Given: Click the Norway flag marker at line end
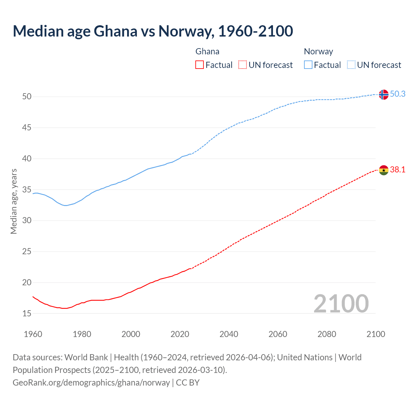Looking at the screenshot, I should point(383,94).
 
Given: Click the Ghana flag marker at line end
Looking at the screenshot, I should point(383,170).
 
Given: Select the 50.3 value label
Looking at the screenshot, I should point(398,94).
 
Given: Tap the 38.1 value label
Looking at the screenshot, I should point(398,169).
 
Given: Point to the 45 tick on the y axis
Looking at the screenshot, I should point(27,128).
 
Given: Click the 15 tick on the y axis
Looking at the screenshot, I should point(27,313).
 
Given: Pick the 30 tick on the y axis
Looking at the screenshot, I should point(27,221).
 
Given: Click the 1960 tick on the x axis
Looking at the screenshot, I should point(33,334).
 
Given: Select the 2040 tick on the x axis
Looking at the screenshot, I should point(229,334).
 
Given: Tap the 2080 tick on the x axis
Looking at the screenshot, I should point(327,334).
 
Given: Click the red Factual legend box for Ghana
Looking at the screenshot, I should point(200,65).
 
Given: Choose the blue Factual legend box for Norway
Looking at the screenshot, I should point(308,65).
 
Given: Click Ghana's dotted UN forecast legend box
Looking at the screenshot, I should point(243,65).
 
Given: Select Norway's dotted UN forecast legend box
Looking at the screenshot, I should point(351,65).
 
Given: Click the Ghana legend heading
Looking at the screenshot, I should point(207,51).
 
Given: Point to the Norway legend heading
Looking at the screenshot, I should point(318,51).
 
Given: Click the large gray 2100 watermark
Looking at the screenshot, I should point(341,303).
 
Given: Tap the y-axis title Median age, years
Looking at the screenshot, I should point(14,201).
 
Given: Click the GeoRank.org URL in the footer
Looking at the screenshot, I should point(91,382).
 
